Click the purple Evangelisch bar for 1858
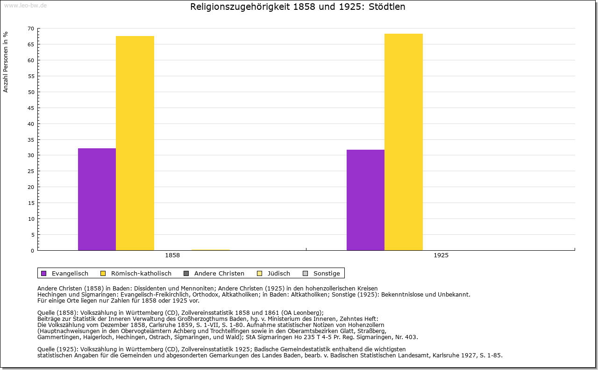pyautogui.click(x=97, y=199)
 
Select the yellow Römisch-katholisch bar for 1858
pyautogui.click(x=135, y=143)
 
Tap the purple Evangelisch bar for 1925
pyautogui.click(x=365, y=200)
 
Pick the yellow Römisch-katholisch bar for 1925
pyautogui.click(x=404, y=142)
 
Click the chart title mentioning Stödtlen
pyautogui.click(x=298, y=7)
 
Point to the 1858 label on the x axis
pyautogui.click(x=172, y=255)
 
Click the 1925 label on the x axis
pyautogui.click(x=441, y=255)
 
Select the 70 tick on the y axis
pyautogui.click(x=30, y=29)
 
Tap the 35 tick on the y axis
pyautogui.click(x=30, y=139)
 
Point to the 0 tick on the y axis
pyautogui.click(x=32, y=250)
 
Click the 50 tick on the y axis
pyautogui.click(x=30, y=92)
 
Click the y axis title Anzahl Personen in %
pyautogui.click(x=6, y=62)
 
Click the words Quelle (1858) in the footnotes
pyautogui.click(x=58, y=313)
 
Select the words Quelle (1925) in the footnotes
pyautogui.click(x=58, y=349)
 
